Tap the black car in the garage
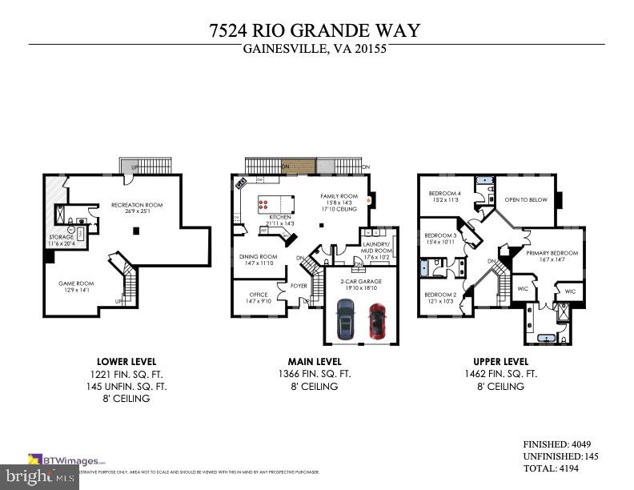(345, 319)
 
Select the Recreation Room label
(137, 205)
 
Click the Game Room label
(76, 283)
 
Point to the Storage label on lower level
(62, 237)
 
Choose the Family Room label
(339, 196)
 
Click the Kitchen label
(279, 217)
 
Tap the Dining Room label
(258, 257)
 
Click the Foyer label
(299, 285)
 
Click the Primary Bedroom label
(552, 253)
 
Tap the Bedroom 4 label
(444, 194)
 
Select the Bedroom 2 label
(439, 295)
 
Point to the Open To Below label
(526, 199)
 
